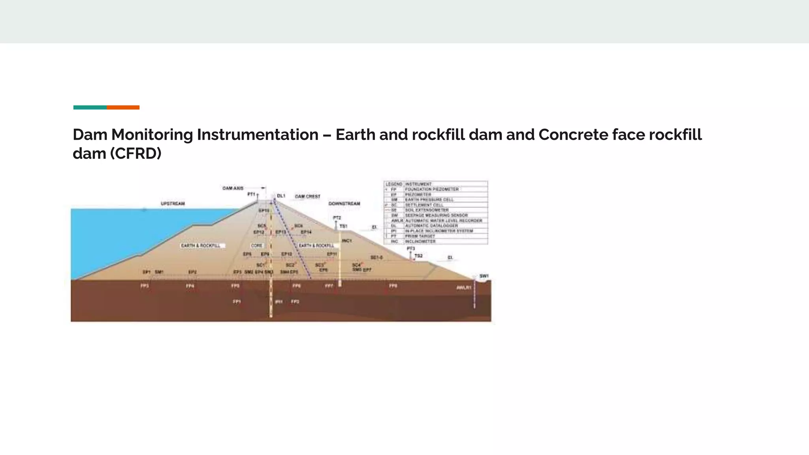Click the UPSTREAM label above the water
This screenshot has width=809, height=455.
coord(173,203)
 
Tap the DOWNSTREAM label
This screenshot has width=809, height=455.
coord(344,203)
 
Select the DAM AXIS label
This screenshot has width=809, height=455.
coord(233,188)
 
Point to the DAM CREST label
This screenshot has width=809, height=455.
coord(307,196)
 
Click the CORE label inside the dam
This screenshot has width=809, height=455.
coord(257,246)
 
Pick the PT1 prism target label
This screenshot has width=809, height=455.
coord(251,194)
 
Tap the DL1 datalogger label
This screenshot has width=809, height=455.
coord(281,196)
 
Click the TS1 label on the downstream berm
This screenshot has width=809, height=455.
coord(343,226)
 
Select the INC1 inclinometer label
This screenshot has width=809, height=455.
coord(347,241)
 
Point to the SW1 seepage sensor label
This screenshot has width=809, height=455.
coord(484,276)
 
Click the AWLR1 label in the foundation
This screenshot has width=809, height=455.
coord(464,288)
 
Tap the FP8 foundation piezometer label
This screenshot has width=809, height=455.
coord(393,286)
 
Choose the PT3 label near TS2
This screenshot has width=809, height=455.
coord(411,248)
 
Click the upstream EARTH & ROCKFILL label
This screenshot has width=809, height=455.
coord(201,246)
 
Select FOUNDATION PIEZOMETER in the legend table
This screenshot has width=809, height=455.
coord(432,189)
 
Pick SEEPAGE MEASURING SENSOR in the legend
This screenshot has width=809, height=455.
coord(436,215)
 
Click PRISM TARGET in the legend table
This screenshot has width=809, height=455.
coord(420,236)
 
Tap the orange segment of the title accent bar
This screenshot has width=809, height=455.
coord(123,107)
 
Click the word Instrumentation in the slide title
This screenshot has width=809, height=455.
coord(258,135)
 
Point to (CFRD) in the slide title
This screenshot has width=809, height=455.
coord(135,154)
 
